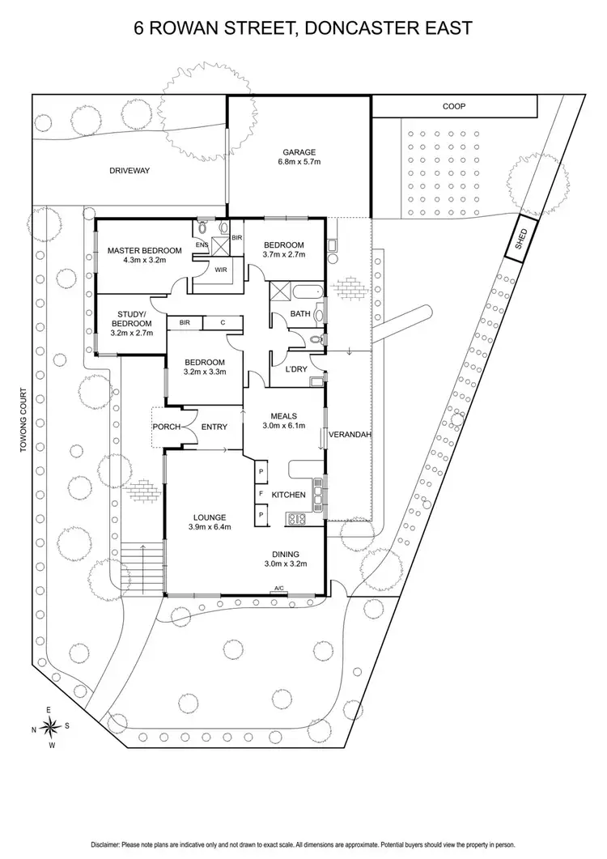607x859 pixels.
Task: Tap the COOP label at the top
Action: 453,106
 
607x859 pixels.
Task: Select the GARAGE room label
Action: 299,152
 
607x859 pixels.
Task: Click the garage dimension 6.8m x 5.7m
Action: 299,163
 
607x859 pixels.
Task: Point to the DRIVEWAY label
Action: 131,171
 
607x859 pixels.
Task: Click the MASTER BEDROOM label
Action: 144,250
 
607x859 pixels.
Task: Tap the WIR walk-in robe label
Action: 221,270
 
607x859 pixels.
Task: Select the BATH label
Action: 300,315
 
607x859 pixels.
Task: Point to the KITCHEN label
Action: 287,494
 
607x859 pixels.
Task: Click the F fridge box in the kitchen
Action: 261,493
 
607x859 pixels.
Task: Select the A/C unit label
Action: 279,589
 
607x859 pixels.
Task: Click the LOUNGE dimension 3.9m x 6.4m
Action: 209,528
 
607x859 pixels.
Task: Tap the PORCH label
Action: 166,427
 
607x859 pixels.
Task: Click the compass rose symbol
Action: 50,725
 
